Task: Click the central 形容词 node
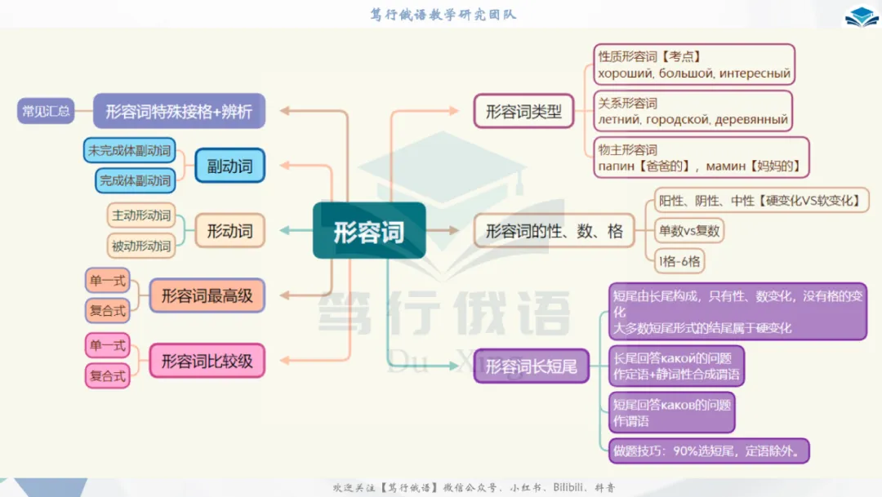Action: click(x=369, y=231)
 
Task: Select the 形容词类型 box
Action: click(x=523, y=111)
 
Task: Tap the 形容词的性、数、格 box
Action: click(x=554, y=231)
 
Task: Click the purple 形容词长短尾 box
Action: click(x=531, y=366)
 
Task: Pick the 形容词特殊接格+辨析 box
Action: click(x=179, y=111)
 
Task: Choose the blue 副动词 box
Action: click(x=229, y=166)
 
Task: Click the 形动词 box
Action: click(x=229, y=231)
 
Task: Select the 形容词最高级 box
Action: click(x=207, y=295)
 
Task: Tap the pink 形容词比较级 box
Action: click(x=207, y=360)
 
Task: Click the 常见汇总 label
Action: click(x=46, y=111)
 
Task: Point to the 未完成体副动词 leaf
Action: click(x=130, y=150)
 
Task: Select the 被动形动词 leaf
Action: click(x=141, y=246)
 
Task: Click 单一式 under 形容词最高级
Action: click(x=108, y=281)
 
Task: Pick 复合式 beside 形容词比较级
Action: click(x=108, y=375)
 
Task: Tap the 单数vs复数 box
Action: click(x=690, y=231)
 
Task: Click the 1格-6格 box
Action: click(x=680, y=261)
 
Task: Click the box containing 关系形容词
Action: click(x=693, y=111)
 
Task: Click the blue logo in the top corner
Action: click(x=862, y=16)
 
